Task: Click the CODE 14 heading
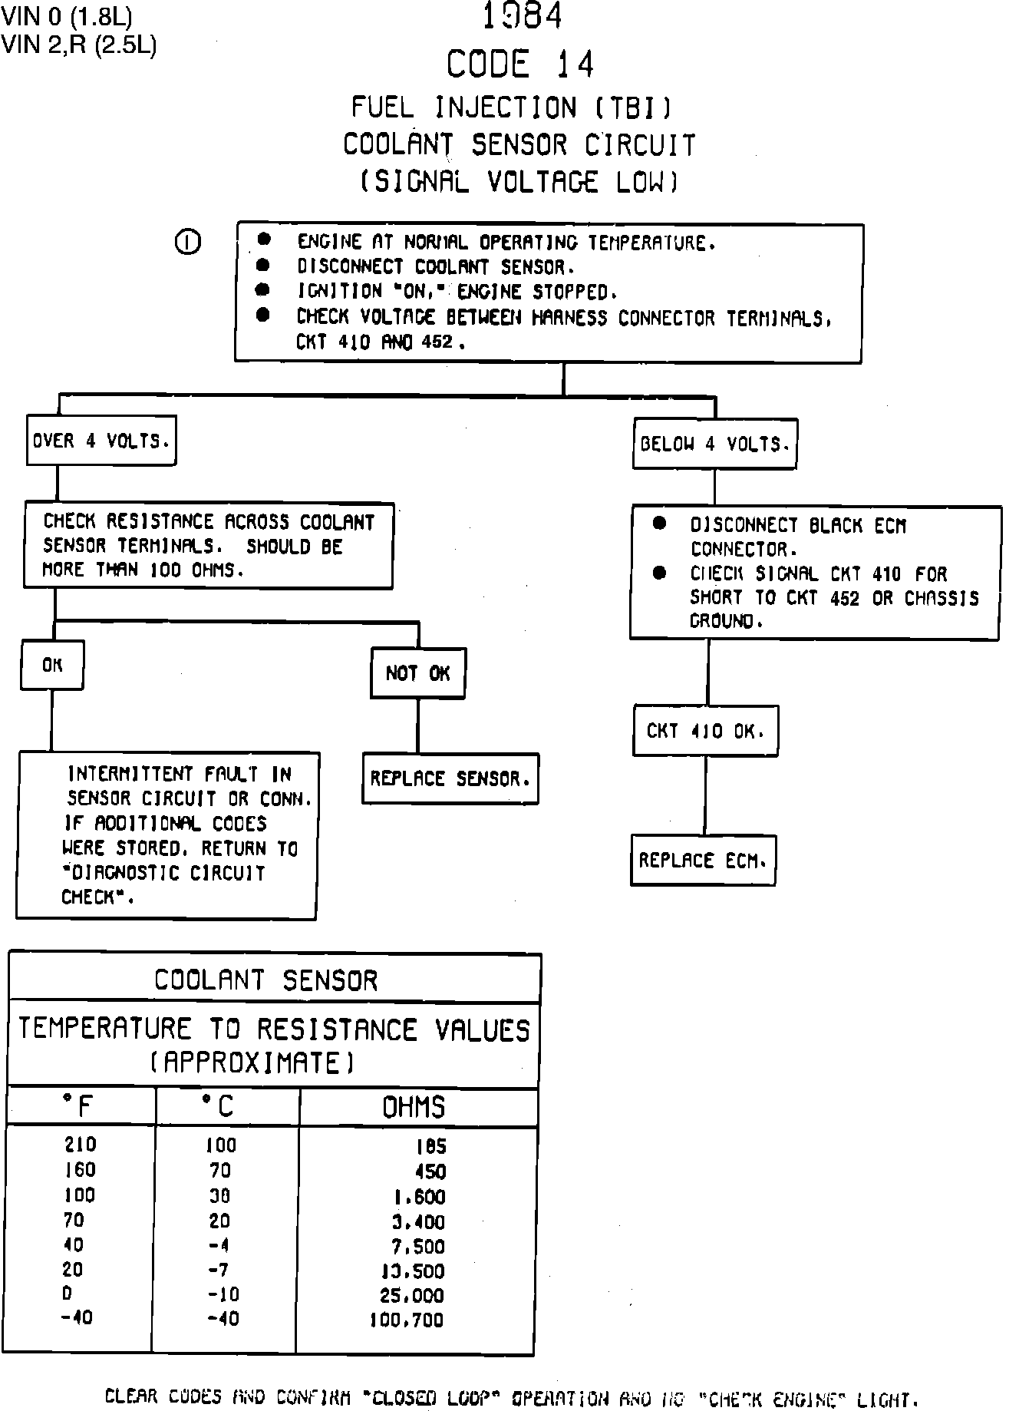click(520, 64)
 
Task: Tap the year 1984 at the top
click(522, 16)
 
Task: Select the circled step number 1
click(188, 243)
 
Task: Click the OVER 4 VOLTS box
click(101, 441)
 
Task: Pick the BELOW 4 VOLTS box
click(714, 444)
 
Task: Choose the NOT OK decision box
click(417, 673)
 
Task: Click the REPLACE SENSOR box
click(450, 779)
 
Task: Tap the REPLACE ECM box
click(703, 861)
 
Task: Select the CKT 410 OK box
click(706, 731)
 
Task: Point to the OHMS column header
click(414, 1107)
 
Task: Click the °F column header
click(78, 1106)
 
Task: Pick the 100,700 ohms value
click(407, 1320)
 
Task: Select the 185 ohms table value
click(430, 1146)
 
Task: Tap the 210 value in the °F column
click(81, 1145)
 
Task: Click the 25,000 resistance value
click(412, 1296)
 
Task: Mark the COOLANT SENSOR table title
click(266, 980)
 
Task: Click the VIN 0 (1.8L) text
click(66, 16)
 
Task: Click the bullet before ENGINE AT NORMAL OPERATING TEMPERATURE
click(264, 240)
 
